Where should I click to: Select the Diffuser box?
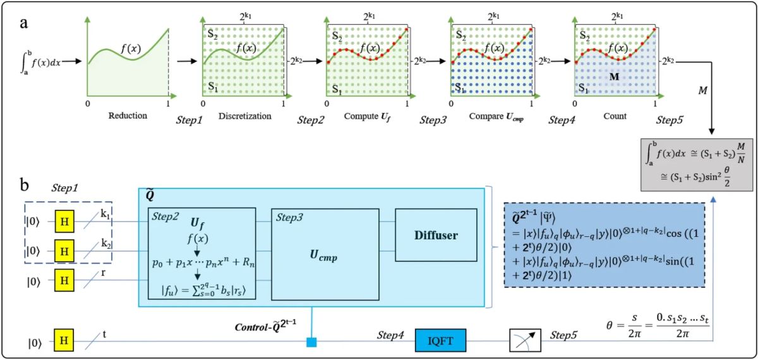(435, 235)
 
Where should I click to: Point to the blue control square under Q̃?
(311, 343)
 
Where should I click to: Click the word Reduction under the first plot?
(127, 116)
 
